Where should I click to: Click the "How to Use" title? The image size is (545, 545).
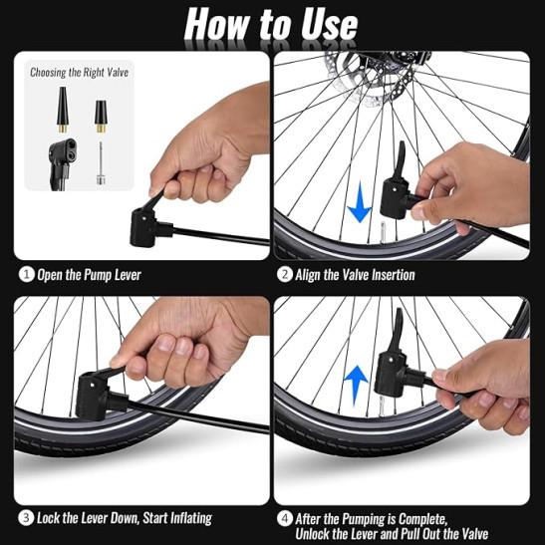271,24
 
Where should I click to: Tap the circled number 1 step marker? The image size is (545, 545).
26,275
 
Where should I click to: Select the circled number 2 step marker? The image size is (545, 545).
285,275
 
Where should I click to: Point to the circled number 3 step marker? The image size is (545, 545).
26,517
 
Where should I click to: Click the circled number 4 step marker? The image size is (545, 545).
285,518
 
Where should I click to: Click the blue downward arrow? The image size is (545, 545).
360,202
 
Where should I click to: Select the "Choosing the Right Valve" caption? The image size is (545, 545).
80,73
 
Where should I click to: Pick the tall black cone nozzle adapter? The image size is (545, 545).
63,110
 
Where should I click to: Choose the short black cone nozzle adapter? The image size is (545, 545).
101,117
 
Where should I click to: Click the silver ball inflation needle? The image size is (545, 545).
101,163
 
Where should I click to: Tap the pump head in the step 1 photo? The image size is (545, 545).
147,226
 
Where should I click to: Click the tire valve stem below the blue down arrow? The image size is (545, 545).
384,230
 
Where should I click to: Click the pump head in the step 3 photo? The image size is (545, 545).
96,395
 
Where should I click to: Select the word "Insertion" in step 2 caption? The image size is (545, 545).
394,275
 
